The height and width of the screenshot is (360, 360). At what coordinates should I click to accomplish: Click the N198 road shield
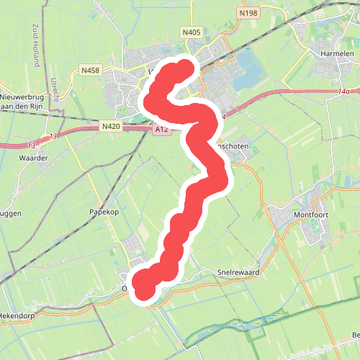tap(248, 12)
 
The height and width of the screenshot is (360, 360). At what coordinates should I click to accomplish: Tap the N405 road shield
tap(192, 32)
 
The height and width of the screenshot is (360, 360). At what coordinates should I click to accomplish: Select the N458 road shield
tap(91, 70)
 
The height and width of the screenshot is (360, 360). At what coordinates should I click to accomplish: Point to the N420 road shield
tap(111, 126)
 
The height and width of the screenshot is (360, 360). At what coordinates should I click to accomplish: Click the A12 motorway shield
tap(161, 130)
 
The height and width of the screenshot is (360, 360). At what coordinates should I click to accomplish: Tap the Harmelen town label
tap(336, 53)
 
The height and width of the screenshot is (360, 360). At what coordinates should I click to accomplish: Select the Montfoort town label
tap(310, 215)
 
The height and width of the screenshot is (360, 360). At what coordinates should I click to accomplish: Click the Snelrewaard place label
tap(238, 273)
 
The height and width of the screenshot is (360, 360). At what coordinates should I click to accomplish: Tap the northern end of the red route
tap(185, 69)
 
